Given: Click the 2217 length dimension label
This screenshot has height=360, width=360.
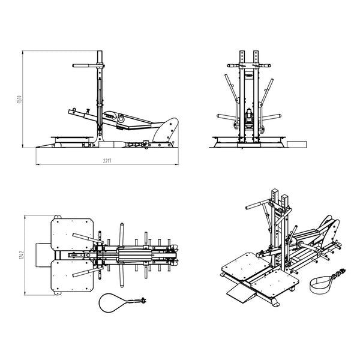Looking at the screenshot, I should click(x=106, y=161).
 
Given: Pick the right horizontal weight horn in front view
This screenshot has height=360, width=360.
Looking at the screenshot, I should click(x=272, y=117).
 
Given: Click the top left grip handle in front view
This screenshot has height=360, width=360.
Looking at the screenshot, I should click(x=231, y=65).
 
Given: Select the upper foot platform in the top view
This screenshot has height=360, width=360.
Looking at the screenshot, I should click(x=72, y=231).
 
